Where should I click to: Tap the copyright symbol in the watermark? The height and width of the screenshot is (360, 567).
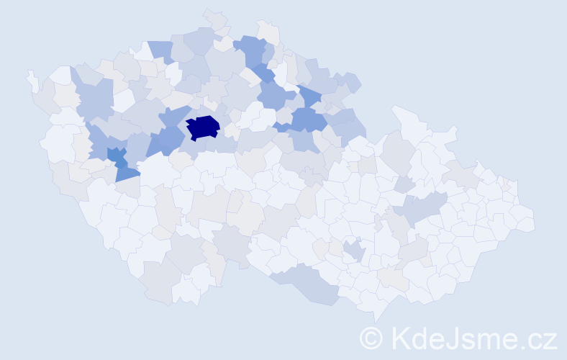point(371,337)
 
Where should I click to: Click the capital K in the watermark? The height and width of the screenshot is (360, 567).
point(400,337)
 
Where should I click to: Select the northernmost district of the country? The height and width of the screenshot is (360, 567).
point(214,18)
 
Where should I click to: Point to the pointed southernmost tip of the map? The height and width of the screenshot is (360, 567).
point(377,317)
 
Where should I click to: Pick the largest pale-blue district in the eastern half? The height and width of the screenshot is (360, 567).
point(421,208)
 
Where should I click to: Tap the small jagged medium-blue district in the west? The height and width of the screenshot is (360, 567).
point(116,155)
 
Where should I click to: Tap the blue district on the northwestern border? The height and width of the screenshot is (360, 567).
point(161,51)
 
